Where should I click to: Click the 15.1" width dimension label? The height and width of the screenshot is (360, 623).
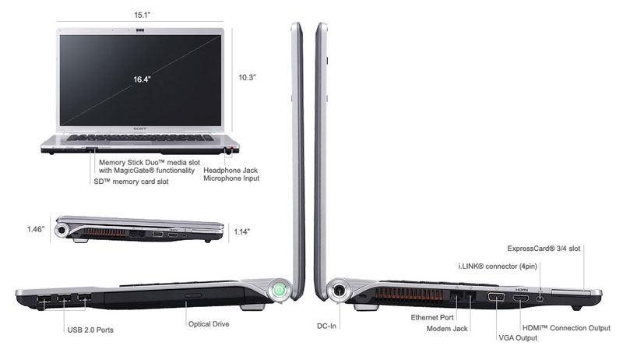coord(142,12)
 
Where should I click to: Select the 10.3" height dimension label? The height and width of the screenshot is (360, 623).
coord(248,77)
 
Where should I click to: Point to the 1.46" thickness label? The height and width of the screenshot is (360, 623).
coord(35,229)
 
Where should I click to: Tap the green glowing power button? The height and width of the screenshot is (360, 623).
coord(279,291)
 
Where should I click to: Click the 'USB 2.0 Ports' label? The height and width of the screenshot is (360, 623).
coord(90,330)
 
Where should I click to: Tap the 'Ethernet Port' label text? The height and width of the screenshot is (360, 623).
coord(433,318)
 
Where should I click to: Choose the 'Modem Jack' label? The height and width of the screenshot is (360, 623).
coord(448,329)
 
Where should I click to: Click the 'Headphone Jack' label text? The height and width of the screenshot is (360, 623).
coord(231,169)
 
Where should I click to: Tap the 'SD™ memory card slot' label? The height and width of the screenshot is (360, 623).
coord(131,182)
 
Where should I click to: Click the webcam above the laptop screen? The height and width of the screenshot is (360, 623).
coord(142,31)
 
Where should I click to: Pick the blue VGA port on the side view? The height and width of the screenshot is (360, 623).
coord(495,298)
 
